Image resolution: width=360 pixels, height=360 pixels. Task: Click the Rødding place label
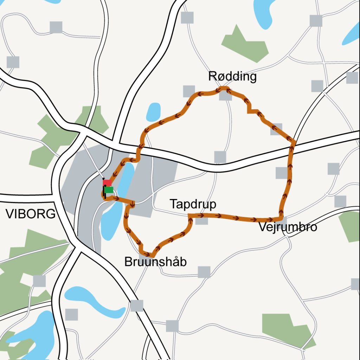[232, 76]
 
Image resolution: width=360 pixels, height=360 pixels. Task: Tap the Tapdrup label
[193, 204]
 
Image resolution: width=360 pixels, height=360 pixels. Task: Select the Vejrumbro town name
[288, 227]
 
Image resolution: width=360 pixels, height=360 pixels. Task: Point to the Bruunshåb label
[155, 262]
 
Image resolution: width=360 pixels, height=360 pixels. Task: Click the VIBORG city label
[31, 213]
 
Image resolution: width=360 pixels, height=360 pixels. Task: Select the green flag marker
[109, 190]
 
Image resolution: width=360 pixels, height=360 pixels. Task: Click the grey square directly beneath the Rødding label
[225, 95]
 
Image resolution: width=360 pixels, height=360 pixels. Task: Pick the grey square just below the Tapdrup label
[201, 220]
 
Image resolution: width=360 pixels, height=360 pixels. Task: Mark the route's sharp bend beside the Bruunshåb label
[150, 255]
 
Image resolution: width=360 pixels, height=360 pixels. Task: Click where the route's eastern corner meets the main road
[294, 141]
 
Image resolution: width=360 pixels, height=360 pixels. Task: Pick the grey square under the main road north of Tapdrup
[220, 157]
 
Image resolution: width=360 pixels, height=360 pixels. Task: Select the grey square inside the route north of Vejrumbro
[281, 173]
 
